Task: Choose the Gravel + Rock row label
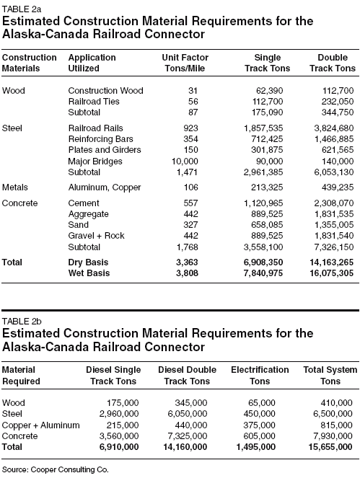(95, 237)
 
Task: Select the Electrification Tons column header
(260, 375)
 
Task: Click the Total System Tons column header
(328, 375)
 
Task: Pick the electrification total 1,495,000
(251, 447)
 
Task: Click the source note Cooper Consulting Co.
(54, 469)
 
